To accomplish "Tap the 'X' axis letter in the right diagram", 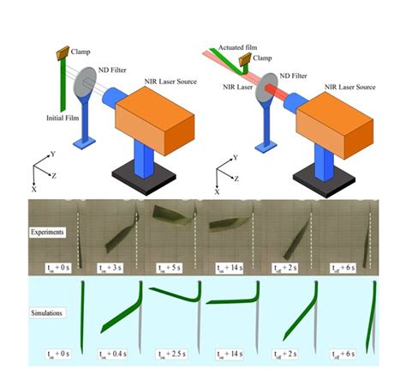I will pos(218,192).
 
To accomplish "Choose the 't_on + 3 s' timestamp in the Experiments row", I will pos(110,268).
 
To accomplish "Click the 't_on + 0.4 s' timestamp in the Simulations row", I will pos(110,353).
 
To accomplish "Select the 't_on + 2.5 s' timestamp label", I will pos(172,353).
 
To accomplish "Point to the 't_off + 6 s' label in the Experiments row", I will pos(347,268).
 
